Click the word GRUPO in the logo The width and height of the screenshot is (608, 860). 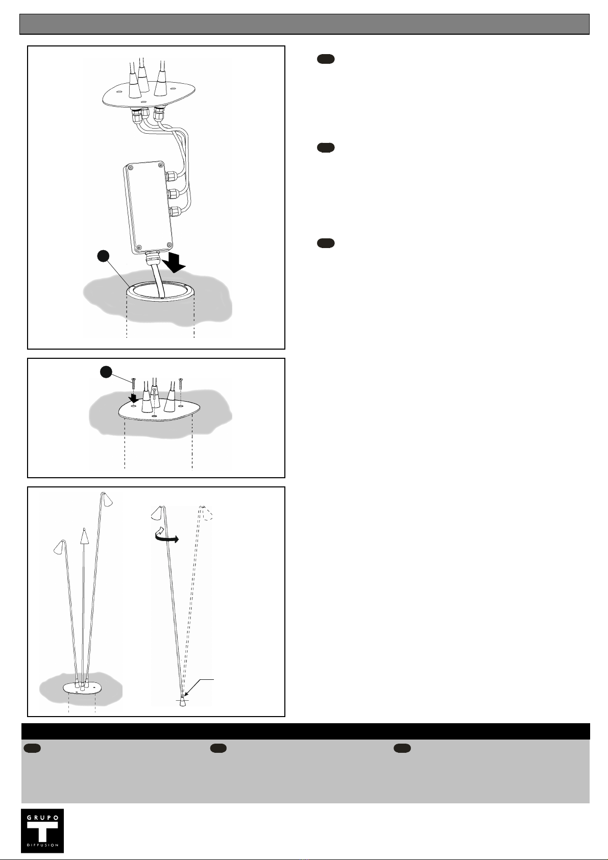tap(42, 818)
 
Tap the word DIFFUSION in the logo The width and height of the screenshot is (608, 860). tap(42, 845)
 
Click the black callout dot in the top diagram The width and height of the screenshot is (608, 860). tap(103, 256)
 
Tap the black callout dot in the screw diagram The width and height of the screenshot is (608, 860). tap(106, 372)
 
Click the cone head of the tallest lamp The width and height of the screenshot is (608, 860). tap(107, 499)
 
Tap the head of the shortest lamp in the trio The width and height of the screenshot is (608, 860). tap(59, 548)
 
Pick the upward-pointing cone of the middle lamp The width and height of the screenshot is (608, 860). tap(84, 536)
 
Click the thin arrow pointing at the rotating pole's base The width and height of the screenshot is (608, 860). tap(199, 687)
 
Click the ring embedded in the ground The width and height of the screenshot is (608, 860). tap(161, 290)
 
